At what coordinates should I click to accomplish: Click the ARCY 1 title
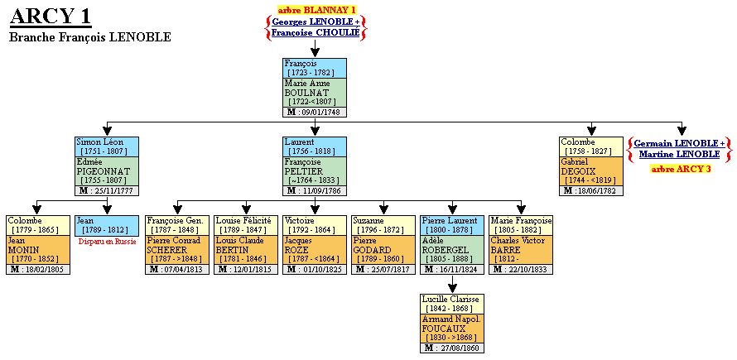50,17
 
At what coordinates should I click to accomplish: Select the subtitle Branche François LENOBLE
89,37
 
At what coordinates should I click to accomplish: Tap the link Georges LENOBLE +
316,22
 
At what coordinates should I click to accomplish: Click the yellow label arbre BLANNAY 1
316,9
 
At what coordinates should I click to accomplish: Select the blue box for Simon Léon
107,146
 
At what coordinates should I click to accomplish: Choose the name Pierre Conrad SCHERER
174,245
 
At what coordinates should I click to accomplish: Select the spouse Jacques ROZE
299,245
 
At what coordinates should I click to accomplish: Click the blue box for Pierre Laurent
452,225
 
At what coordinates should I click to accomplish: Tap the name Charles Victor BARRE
520,245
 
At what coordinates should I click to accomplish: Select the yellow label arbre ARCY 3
680,169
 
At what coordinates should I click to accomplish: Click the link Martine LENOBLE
680,154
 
